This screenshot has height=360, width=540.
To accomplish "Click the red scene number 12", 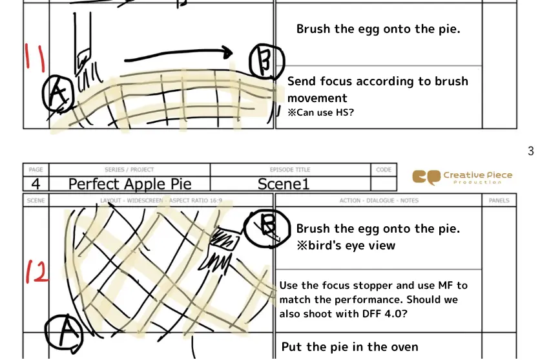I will click(36, 272).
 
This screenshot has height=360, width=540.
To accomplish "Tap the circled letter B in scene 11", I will click(267, 61).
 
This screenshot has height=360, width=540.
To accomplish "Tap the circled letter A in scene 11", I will click(57, 94).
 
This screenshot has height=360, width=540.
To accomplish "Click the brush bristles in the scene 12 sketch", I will click(216, 259).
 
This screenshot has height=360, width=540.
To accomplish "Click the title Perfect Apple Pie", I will click(130, 184).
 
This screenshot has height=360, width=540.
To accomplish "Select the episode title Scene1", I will click(284, 184).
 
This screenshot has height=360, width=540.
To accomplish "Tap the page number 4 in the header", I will click(36, 184).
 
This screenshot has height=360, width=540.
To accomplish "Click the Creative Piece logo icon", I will click(426, 177).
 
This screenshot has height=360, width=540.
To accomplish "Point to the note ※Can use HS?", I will click(320, 112).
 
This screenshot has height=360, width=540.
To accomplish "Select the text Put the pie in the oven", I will click(349, 347).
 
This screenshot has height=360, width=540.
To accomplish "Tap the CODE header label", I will click(383, 169).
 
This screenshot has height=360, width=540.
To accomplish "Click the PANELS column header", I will click(499, 200).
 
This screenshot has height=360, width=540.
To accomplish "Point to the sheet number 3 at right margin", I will click(530, 151).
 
